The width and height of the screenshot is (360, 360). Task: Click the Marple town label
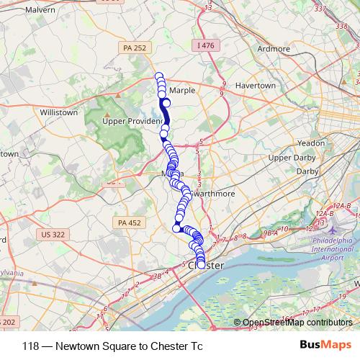183,91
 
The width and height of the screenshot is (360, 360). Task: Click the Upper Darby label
289,157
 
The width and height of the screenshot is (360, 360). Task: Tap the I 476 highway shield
206,45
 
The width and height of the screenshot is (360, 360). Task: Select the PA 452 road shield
129,222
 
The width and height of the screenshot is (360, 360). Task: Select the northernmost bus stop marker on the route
159,77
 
